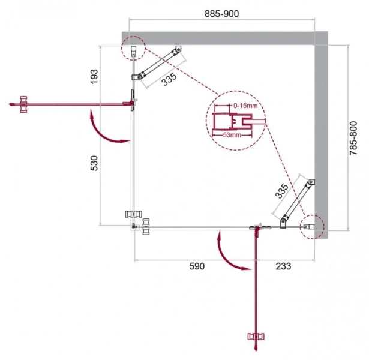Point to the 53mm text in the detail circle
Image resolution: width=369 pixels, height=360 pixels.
(232, 135)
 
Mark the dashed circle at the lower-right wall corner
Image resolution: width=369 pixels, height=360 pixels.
(311, 227)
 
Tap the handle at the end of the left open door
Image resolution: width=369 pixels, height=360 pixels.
(23, 104)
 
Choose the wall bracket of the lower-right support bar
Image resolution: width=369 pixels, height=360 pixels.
(310, 182)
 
